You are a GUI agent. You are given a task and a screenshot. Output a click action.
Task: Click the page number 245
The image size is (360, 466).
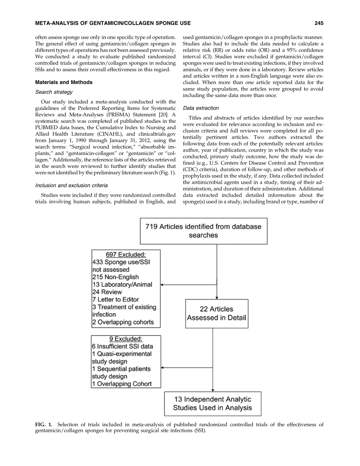pos(319,23)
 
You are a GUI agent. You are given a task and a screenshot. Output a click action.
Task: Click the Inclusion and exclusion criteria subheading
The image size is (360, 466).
pos(71,185)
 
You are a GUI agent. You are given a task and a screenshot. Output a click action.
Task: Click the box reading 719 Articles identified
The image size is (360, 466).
pos(203,231)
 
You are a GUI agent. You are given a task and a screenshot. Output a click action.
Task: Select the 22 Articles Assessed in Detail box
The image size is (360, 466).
pos(216,313)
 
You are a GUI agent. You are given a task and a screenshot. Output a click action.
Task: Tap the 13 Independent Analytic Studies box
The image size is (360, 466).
pos(212,403)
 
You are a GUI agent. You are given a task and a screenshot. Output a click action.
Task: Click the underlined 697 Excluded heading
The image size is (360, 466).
pos(126,254)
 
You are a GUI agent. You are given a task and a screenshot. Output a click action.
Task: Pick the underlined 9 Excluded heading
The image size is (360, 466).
pos(126,339)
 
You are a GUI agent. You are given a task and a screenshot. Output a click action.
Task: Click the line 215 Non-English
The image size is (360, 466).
pos(115,277)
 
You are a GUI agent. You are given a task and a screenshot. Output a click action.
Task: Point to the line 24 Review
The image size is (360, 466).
pos(107,292)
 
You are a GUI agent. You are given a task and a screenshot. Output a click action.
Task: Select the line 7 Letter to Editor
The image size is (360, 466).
pos(115,300)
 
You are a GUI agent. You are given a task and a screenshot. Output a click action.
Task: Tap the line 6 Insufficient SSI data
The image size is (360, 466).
pos(122,346)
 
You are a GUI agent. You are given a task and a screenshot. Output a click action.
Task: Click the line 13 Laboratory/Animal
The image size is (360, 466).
pos(122,285)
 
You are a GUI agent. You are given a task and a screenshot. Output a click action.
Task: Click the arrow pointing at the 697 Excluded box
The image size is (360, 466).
pos(163,284)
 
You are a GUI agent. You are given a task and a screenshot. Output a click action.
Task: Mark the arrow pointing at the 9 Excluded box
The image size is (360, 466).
pos(163,367)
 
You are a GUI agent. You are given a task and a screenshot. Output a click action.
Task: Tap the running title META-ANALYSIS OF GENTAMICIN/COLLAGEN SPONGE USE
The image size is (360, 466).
pos(113,23)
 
